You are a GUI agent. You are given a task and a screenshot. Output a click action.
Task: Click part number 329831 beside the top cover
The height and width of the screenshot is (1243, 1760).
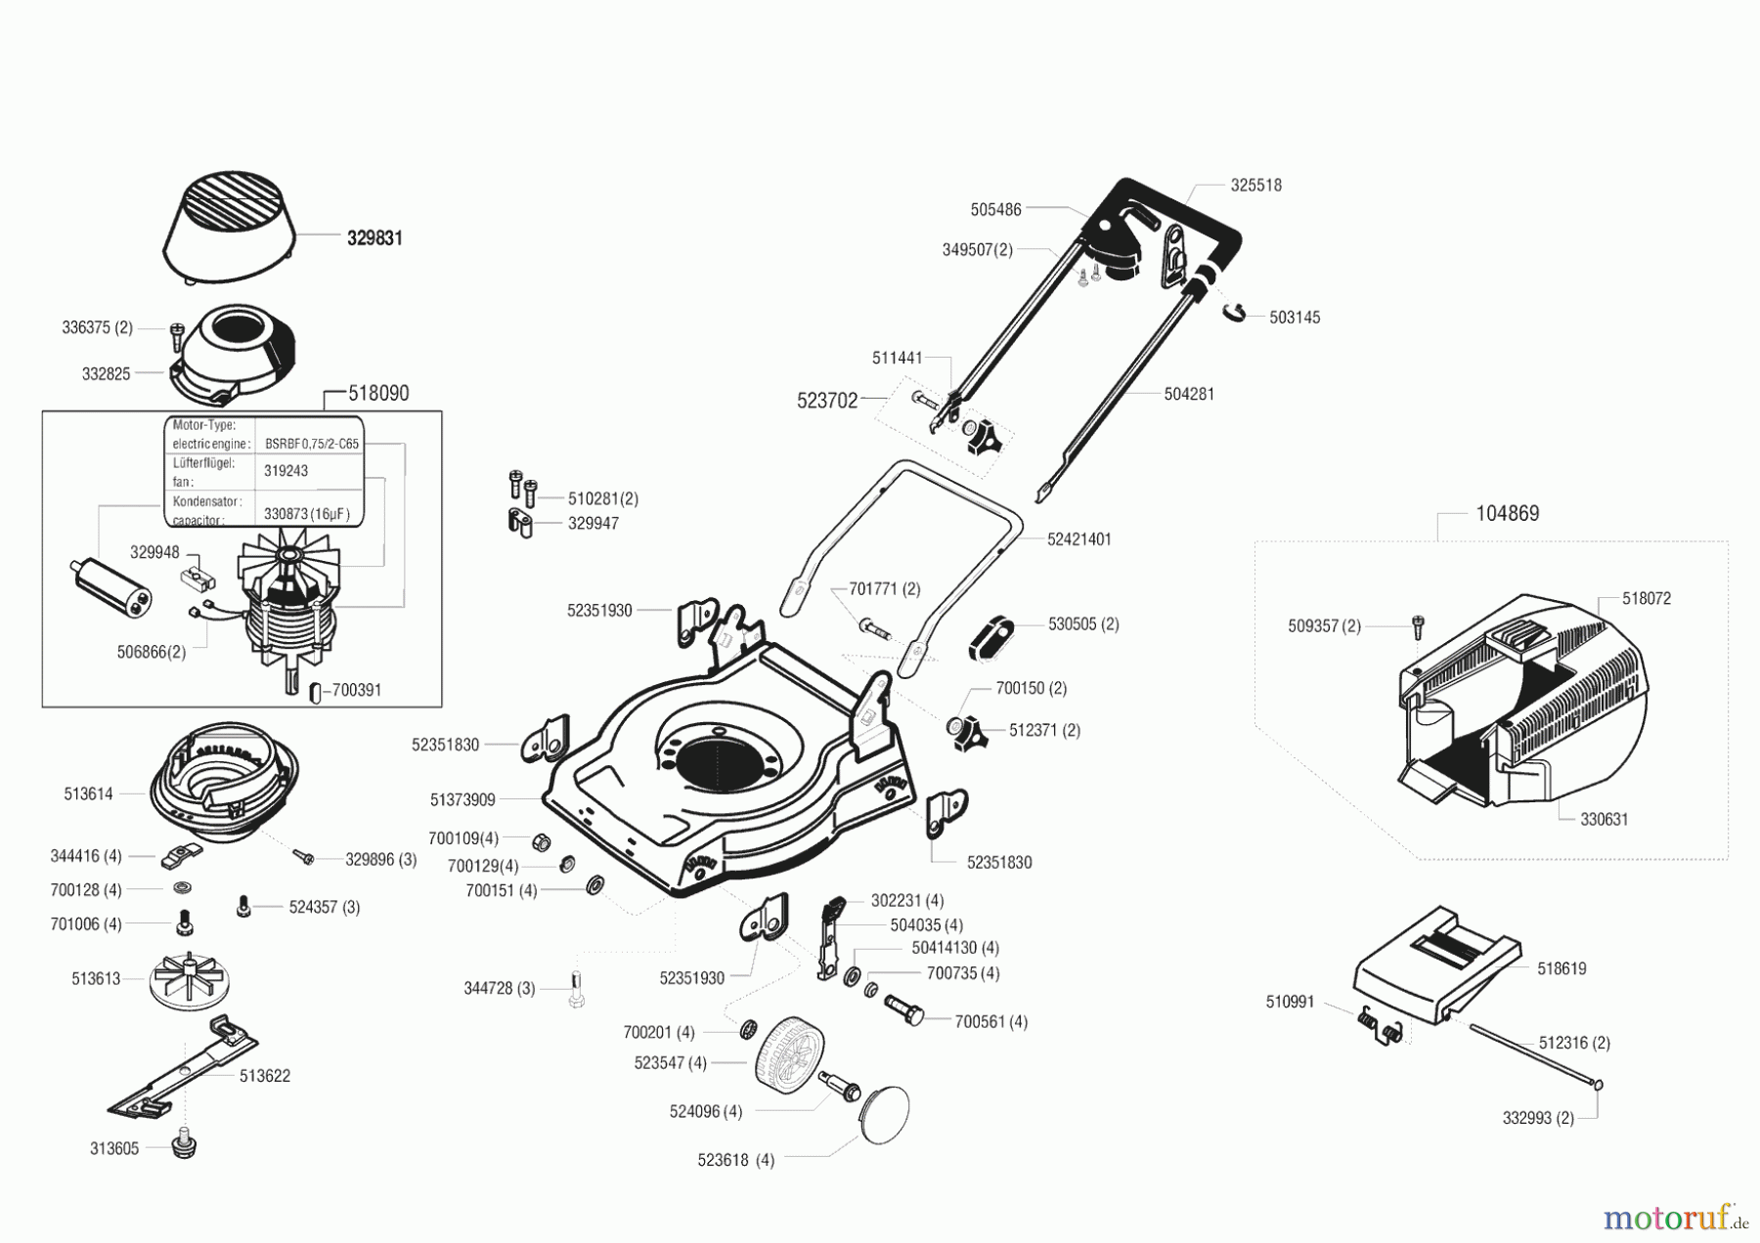point(374,238)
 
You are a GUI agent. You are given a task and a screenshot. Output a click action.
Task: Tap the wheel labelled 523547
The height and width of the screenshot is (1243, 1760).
point(788,1063)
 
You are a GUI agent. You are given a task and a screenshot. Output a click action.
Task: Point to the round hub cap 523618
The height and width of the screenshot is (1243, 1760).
point(884,1114)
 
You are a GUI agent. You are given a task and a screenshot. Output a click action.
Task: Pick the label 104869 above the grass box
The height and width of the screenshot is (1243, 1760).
point(1507,514)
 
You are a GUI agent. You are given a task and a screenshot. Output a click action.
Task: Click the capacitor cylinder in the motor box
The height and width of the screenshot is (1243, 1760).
point(114,587)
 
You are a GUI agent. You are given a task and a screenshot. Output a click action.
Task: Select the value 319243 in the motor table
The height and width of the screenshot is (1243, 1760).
point(286,471)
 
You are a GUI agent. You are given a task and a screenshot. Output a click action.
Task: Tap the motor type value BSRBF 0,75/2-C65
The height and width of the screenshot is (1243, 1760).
point(312,444)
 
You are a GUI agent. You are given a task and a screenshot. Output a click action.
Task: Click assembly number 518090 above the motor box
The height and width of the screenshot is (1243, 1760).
point(378,394)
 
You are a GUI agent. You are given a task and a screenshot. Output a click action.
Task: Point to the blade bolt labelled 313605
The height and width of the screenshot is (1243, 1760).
point(183,1144)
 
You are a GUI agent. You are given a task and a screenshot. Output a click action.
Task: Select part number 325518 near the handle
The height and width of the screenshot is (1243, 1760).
point(1255,186)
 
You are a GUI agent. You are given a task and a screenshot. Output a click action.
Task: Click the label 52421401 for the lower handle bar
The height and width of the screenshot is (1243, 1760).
point(1078,539)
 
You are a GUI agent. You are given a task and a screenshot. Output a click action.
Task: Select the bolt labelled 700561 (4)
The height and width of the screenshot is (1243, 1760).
point(904,1010)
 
